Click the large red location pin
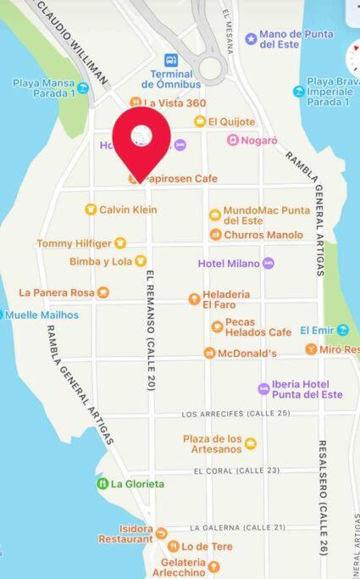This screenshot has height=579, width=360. click(x=142, y=141)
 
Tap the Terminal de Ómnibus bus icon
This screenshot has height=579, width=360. click(x=171, y=60)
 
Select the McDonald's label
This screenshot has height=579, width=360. click(x=247, y=353)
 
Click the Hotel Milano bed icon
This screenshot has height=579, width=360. click(x=269, y=264)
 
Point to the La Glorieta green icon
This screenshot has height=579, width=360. click(x=102, y=484)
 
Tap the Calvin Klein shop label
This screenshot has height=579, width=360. click(x=128, y=209)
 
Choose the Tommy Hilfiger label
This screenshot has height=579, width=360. click(x=75, y=243)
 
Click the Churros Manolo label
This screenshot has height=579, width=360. click(x=263, y=235)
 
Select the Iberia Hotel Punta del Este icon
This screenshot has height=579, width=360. click(x=264, y=389)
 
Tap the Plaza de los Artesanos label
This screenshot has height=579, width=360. click(x=212, y=443)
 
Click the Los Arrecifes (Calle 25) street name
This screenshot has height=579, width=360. click(x=235, y=414)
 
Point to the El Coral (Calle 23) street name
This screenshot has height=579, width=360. click(x=236, y=470)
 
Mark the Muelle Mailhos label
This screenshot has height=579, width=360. click(x=42, y=315)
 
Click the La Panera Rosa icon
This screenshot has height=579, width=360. click(x=103, y=292)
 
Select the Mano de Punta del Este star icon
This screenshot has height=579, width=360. click(x=251, y=39)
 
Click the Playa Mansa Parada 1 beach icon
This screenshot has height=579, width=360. click(x=83, y=87)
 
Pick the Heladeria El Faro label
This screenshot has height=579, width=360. click(x=226, y=299)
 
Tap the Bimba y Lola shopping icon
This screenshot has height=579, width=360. click(x=141, y=261)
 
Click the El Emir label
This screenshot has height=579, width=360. click(x=317, y=330)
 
